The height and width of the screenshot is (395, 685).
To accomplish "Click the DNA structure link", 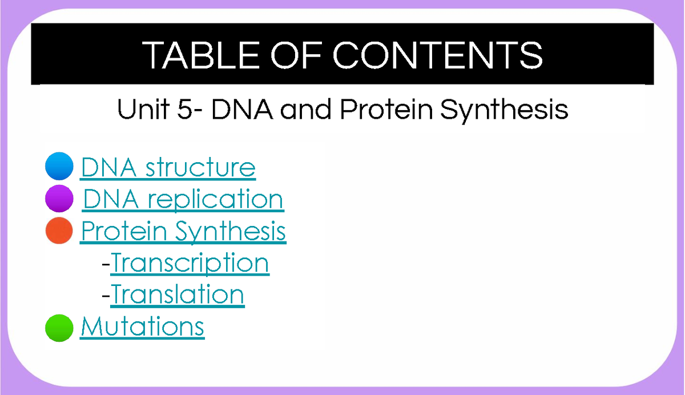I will (168, 168).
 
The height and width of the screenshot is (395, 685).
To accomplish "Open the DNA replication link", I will (183, 200).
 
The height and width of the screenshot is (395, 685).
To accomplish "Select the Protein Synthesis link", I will (183, 231).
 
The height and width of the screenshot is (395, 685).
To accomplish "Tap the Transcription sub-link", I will (190, 263).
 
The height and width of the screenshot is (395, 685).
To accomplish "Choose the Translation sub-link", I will (178, 295).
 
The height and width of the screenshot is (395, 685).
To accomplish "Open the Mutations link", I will (142, 327).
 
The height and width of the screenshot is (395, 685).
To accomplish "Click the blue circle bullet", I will (59, 167).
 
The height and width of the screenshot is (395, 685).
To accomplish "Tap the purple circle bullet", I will (59, 199).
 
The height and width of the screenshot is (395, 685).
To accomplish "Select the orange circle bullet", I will (59, 231).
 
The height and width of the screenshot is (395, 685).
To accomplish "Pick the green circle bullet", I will (59, 328).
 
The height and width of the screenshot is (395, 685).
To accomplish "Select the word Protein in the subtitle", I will (386, 108).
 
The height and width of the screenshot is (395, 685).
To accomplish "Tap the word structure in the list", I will (200, 168).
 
